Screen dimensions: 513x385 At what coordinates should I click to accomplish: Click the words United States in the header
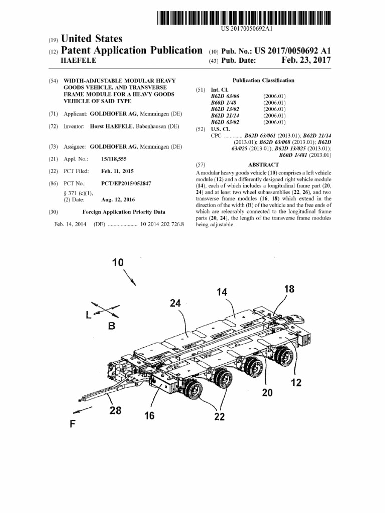point(91,39)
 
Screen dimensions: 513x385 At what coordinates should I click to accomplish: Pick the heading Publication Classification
point(263,80)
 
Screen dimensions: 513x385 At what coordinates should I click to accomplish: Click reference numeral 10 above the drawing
point(118,262)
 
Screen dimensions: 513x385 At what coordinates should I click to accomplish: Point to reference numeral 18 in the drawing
point(289,289)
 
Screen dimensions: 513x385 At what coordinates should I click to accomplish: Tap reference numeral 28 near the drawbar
point(115,411)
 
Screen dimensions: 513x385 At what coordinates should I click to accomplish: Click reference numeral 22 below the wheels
point(219,416)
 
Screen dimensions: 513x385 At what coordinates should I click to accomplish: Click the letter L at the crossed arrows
point(89,315)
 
